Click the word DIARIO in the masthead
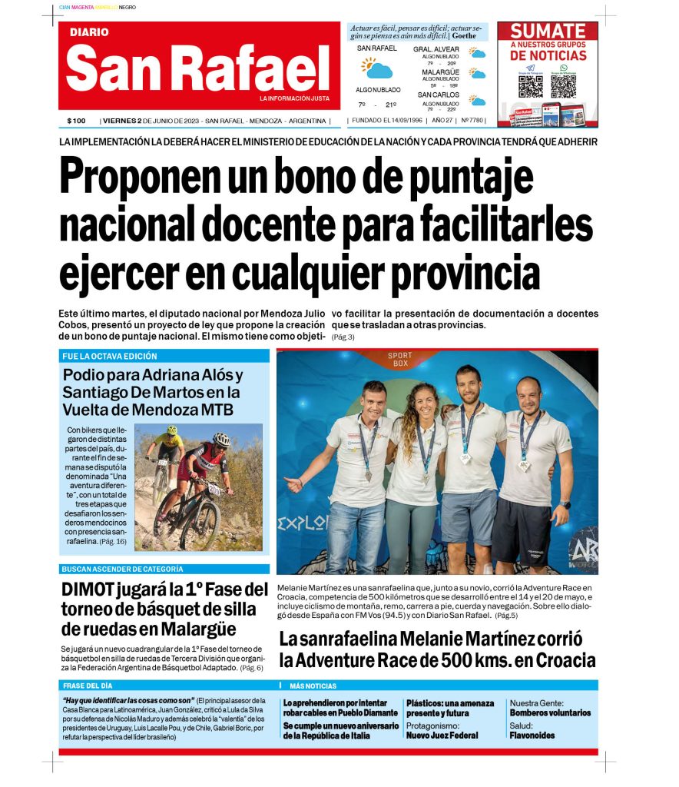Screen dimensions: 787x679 click(88, 32)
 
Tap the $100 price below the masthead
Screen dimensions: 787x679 click(76, 121)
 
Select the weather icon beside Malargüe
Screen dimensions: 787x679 click(478, 74)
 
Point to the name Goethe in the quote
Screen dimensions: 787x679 click(465, 35)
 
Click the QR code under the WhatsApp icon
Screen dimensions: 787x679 click(563, 86)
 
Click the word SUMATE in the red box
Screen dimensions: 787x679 click(548, 32)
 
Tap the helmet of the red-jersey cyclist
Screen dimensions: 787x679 click(222, 439)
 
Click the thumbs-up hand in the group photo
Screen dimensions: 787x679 click(295, 484)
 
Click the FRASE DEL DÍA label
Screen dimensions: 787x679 click(87, 686)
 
